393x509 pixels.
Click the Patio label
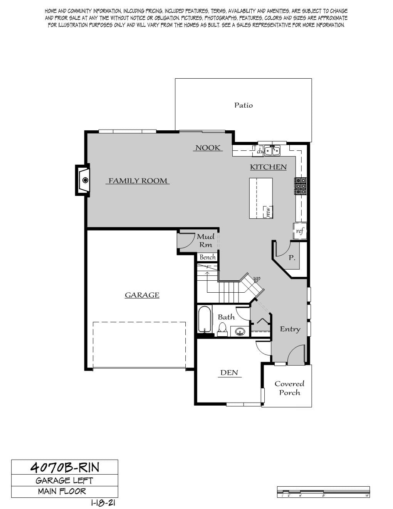tap(244, 105)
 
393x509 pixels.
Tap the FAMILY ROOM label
tap(138, 181)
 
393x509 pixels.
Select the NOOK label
tap(208, 148)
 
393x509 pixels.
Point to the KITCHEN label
tap(268, 167)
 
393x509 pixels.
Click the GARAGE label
tap(142, 295)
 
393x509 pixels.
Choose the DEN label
tap(229, 372)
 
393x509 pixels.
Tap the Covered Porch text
tap(289, 388)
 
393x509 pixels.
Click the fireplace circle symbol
tap(86, 180)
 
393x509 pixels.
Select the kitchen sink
tap(272, 151)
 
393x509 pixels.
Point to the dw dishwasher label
tap(260, 151)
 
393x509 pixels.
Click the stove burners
tap(301, 186)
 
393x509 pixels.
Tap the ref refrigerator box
tap(300, 231)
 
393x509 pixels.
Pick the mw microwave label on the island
tap(268, 212)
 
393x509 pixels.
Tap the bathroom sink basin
tap(240, 331)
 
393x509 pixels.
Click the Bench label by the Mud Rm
tap(208, 257)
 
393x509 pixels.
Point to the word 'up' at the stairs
tap(257, 278)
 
